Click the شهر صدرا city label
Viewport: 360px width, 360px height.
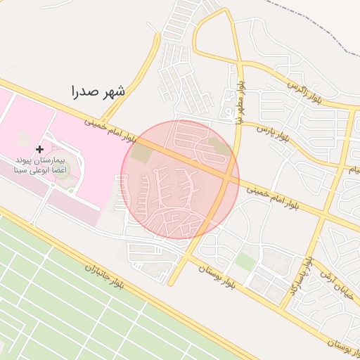coord(98,91)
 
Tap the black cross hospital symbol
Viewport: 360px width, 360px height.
coord(39,149)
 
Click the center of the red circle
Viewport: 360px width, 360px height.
coord(180,179)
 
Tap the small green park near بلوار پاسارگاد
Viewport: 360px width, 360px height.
coord(245,262)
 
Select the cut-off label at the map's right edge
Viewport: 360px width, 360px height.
coord(355,169)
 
